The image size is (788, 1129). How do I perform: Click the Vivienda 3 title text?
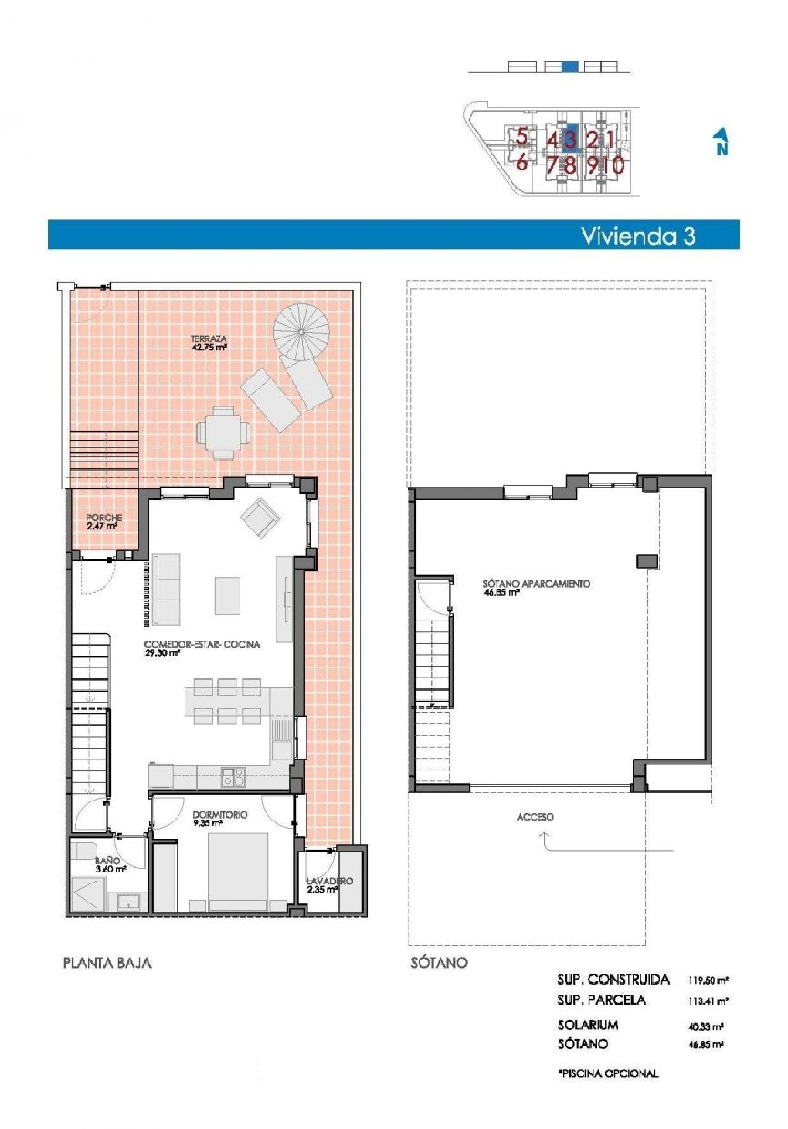point(638,236)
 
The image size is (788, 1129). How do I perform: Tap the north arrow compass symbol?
point(722,142)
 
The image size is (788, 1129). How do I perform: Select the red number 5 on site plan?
point(522,137)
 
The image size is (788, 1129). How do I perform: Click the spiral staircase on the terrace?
point(302,332)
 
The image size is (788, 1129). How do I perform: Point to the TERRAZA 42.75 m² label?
point(209,342)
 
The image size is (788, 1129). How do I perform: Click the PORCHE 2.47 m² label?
point(103,521)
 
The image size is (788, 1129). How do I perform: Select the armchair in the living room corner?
point(260,518)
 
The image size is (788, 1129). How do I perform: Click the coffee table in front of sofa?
point(227,595)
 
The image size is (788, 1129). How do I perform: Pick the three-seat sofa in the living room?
point(165,589)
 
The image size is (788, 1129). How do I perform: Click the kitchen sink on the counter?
point(233,776)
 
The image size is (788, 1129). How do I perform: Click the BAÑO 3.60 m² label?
point(110,864)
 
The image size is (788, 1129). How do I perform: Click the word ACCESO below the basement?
point(535,817)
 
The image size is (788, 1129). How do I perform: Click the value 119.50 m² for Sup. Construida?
point(708,980)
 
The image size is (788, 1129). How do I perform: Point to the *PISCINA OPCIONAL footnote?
point(608,1074)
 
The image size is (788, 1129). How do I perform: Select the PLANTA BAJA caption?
point(107,963)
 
